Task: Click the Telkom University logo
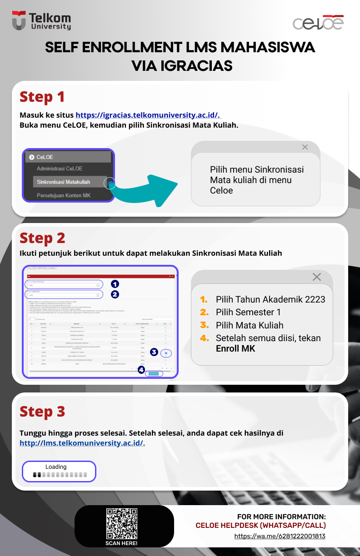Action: (41, 20)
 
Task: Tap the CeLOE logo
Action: (318, 23)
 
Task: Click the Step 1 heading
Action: (42, 97)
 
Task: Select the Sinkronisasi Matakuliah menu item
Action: (64, 182)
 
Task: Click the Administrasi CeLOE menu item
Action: (60, 169)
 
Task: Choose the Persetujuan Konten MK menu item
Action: (64, 195)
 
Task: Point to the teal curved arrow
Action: (145, 188)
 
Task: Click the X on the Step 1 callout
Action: (305, 147)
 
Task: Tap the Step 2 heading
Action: (42, 238)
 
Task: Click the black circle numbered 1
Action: (115, 284)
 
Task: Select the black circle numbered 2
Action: (115, 294)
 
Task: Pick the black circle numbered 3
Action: (154, 352)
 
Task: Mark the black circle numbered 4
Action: (141, 369)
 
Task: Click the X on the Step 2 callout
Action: (317, 277)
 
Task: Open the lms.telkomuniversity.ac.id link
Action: (82, 443)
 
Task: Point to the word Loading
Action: (56, 467)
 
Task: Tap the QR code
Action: (121, 523)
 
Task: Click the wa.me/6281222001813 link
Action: (280, 536)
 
